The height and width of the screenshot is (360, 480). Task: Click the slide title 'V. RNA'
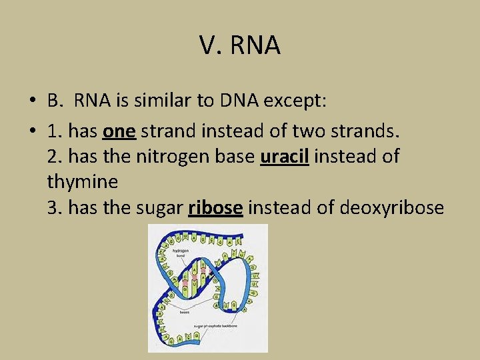click(240, 45)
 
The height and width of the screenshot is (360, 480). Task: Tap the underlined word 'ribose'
click(215, 208)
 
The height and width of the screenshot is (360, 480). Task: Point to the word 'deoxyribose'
click(391, 208)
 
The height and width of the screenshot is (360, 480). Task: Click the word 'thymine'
click(83, 182)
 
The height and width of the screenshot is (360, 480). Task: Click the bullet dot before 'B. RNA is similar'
click(32, 101)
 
